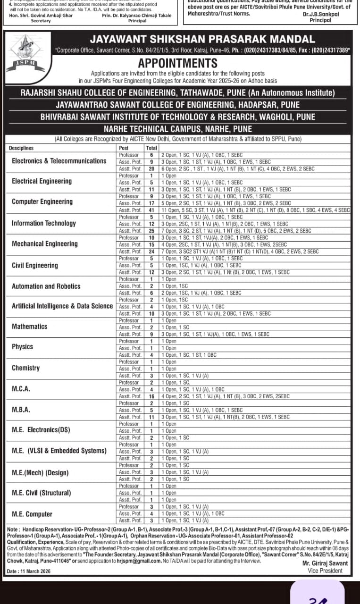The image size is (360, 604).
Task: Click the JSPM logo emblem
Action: [x=26, y=53]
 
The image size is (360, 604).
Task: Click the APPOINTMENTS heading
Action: [x=178, y=63]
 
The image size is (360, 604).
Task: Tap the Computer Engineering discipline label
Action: [x=42, y=201]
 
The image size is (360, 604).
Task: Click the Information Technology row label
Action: [x=44, y=223]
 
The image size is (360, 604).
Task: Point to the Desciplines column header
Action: [x=21, y=148]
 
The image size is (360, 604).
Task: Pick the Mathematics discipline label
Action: [x=30, y=327]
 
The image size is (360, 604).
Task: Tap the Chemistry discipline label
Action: [x=26, y=368]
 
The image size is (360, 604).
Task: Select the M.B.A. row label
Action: [x=21, y=410]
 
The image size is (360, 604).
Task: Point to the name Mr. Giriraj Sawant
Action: [x=325, y=563]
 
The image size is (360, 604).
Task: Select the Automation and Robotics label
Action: [x=46, y=286]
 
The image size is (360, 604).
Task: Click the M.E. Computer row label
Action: [x=32, y=514]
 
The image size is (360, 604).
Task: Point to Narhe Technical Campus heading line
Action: [x=178, y=129]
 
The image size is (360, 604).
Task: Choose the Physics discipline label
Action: [x=23, y=346]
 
